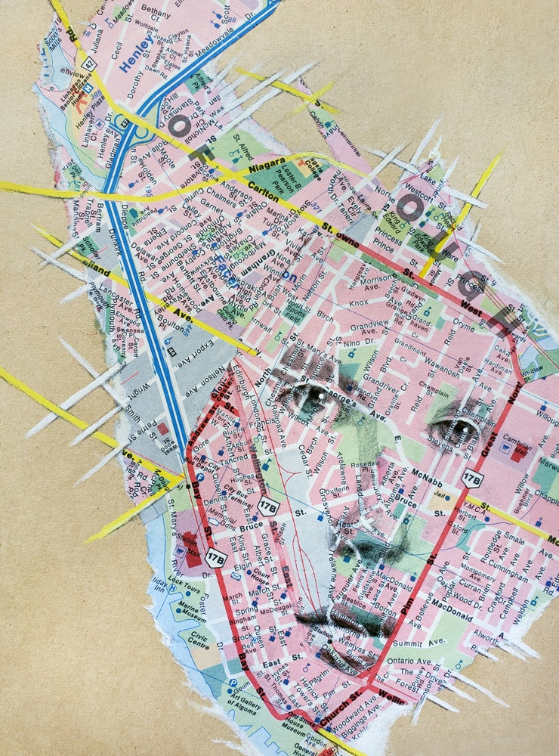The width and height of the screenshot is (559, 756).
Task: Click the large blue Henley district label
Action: pyautogui.click(x=136, y=54)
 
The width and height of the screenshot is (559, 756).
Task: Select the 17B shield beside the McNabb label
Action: pyautogui.click(x=471, y=479)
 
